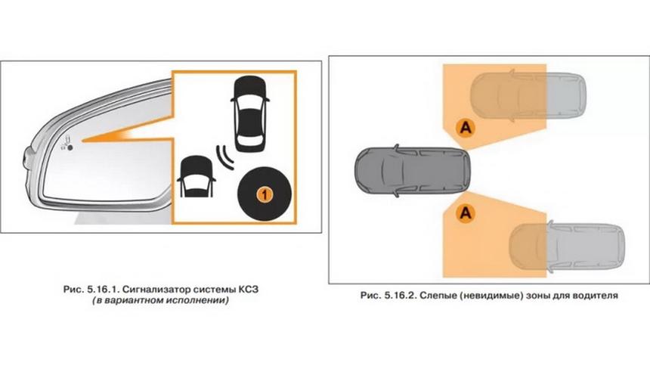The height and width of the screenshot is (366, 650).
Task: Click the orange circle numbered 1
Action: [265, 194]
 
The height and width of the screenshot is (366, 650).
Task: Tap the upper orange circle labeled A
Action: [466, 127]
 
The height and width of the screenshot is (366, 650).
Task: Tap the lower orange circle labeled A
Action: [466, 213]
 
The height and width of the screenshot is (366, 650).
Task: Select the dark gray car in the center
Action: [413, 170]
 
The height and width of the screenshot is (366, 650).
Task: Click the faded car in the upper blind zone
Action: [528, 95]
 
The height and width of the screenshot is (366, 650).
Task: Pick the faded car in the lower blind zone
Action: [567, 248]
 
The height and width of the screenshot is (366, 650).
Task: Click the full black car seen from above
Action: [249, 113]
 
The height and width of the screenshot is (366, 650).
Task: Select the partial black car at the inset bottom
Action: [196, 176]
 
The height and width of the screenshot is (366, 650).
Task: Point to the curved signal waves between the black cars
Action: [225, 157]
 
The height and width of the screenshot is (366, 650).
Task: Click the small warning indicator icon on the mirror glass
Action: [67, 144]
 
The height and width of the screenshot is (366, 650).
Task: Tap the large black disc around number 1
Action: [265, 194]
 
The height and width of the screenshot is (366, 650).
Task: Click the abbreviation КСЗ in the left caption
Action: [249, 289]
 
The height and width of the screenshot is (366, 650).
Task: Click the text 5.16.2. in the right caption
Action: [399, 296]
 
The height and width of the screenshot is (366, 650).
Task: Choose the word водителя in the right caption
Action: [596, 296]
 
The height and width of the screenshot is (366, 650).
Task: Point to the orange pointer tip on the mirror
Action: [82, 141]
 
